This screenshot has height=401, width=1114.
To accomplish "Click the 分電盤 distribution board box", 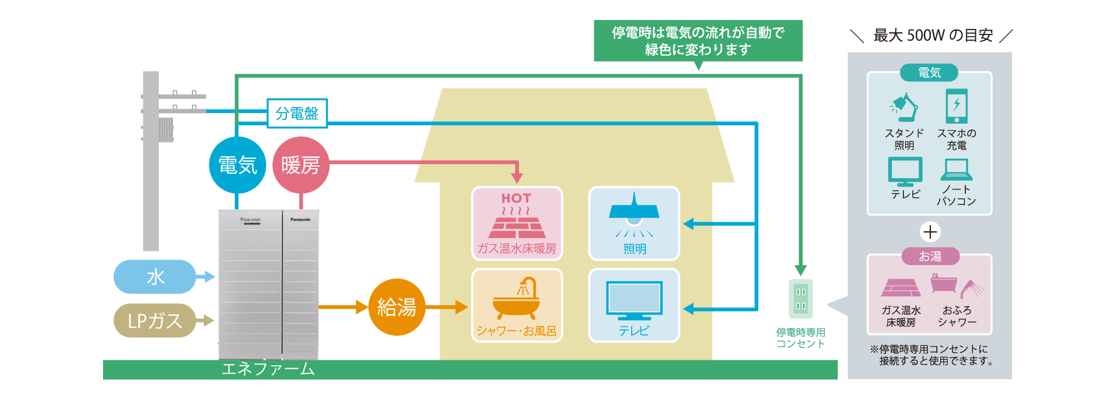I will (297, 114).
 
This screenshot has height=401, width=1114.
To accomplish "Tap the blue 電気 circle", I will (238, 165).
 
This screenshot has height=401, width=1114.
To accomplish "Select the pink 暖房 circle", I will (301, 165).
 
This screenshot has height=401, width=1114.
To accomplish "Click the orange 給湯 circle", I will (397, 307).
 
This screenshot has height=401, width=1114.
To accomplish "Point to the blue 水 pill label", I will (155, 277).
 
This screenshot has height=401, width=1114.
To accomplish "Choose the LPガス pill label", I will (155, 321).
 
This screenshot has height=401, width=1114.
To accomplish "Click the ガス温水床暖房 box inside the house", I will (517, 223).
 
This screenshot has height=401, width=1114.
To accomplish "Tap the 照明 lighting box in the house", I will (634, 223).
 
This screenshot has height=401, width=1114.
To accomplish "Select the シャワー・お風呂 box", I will (517, 305).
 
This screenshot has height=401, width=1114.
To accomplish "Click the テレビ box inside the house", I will (634, 305).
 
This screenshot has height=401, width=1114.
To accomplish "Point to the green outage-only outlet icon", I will (800, 299).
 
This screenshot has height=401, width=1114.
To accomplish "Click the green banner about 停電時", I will (698, 41).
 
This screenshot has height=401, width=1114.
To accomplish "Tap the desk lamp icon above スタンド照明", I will (905, 107).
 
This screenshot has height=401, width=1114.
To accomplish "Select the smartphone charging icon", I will (956, 106).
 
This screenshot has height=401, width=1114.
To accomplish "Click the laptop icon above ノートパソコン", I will (956, 170).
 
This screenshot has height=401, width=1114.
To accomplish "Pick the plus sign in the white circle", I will (930, 232).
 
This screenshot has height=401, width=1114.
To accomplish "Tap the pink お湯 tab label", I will (930, 256).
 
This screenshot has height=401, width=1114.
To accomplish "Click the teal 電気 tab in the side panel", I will (929, 73).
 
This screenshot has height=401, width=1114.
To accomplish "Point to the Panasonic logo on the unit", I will (300, 219).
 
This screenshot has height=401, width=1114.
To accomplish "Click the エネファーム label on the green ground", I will (268, 369).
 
